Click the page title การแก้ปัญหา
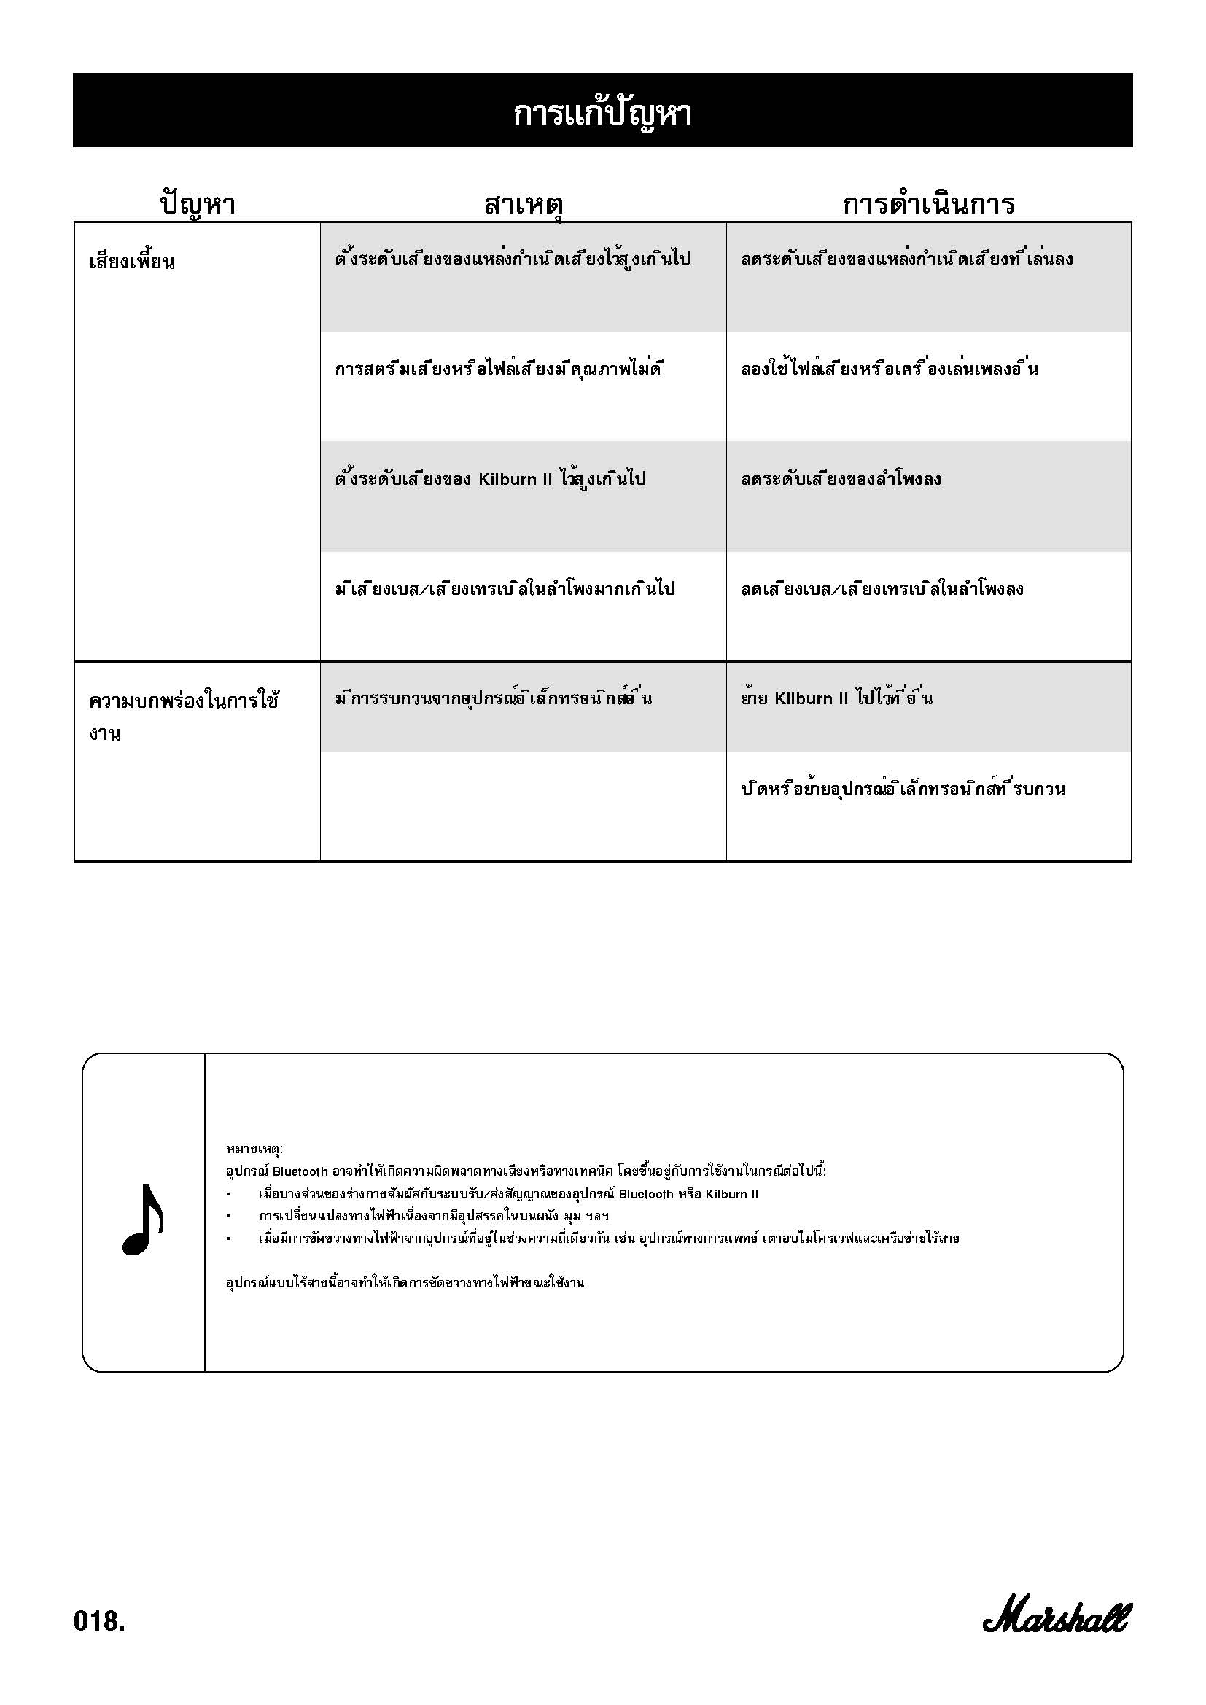tap(602, 113)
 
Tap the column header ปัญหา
tap(198, 203)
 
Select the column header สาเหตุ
tap(523, 203)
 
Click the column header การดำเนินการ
tap(928, 203)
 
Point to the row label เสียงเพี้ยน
tap(132, 262)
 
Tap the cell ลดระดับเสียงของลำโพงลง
tap(841, 479)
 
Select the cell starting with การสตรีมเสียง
tap(498, 369)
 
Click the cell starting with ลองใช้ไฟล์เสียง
tap(889, 369)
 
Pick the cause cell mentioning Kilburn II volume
tap(490, 479)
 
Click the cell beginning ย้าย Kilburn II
tap(836, 698)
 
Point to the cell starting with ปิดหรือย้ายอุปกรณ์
tap(902, 789)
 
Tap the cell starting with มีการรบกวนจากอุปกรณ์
tap(493, 698)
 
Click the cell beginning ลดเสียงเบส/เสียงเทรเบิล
tap(882, 589)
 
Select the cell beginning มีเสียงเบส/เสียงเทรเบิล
tap(505, 589)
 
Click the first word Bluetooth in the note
tap(300, 1172)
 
